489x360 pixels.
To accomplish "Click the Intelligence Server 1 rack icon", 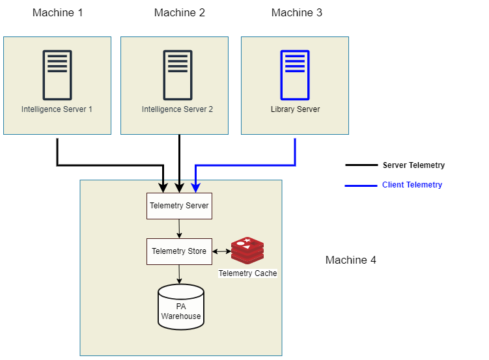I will pyautogui.click(x=57, y=75).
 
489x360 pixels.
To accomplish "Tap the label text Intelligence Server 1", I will pyautogui.click(x=57, y=109).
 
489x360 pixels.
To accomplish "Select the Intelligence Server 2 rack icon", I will pyautogui.click(x=178, y=75).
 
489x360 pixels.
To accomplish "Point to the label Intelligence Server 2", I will pyautogui.click(x=178, y=109).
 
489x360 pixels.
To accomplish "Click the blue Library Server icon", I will pyautogui.click(x=295, y=75).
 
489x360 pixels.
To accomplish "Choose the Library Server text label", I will pyautogui.click(x=295, y=109).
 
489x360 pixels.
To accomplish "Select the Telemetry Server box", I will pyautogui.click(x=179, y=206).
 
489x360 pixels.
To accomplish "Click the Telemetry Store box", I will pyautogui.click(x=179, y=251).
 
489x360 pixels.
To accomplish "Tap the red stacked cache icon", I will pyautogui.click(x=247, y=251).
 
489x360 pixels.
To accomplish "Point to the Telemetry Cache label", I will pyautogui.click(x=247, y=273).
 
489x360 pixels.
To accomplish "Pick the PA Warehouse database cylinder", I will pyautogui.click(x=181, y=307).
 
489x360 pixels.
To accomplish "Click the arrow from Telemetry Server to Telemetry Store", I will pyautogui.click(x=179, y=228).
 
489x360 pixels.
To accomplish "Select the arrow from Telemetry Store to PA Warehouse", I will pyautogui.click(x=180, y=274).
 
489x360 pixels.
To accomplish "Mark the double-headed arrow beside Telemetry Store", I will pyautogui.click(x=221, y=251).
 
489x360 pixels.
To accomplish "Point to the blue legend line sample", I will pyautogui.click(x=361, y=186).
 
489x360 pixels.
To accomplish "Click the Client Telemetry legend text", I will pyautogui.click(x=412, y=185).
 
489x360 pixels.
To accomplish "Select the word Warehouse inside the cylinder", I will pyautogui.click(x=181, y=316).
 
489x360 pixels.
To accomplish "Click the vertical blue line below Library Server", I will pyautogui.click(x=295, y=151).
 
